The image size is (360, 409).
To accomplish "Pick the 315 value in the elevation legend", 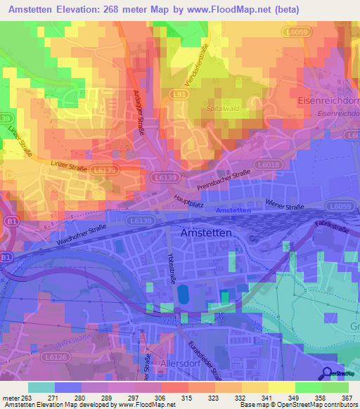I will coord(187,398).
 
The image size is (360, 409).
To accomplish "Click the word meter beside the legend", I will coord(10,398).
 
